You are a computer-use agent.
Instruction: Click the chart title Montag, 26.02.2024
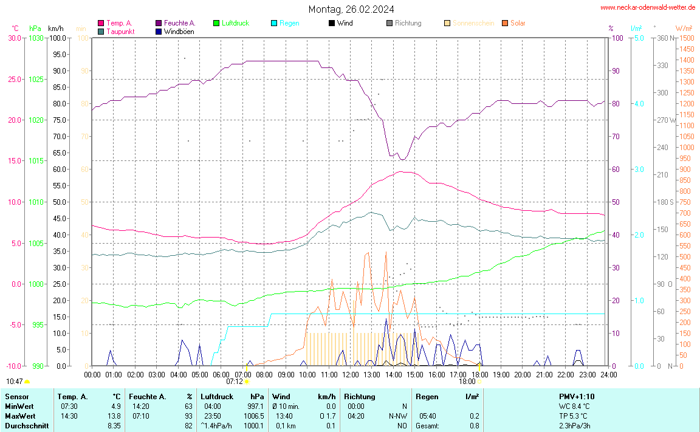click(351, 9)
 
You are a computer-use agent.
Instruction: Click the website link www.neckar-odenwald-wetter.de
click(648, 7)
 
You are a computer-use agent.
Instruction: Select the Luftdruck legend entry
click(235, 23)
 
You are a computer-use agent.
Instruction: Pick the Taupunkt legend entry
click(120, 31)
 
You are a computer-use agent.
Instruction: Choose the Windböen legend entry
click(179, 31)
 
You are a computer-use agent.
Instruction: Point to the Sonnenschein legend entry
click(471, 23)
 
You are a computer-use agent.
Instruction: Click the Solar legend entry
click(518, 23)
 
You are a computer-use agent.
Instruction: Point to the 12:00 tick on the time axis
click(350, 374)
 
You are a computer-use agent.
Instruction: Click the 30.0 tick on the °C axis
click(14, 38)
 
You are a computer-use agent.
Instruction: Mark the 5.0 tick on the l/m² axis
click(639, 38)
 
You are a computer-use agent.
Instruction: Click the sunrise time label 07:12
click(235, 382)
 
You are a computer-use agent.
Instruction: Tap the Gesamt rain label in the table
click(427, 425)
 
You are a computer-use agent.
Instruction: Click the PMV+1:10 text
click(577, 396)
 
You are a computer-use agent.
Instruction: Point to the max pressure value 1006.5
click(253, 416)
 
